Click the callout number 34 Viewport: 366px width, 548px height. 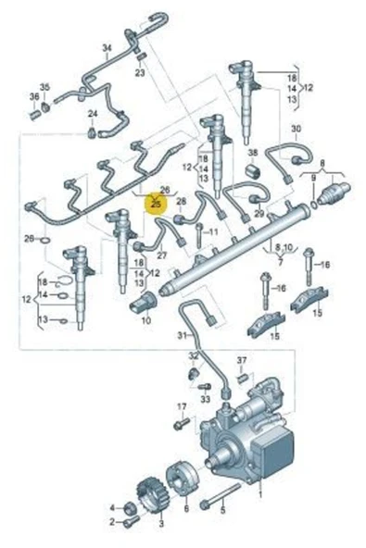[107, 46]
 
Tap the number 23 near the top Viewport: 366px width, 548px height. [140, 72]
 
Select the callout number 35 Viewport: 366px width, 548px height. [44, 88]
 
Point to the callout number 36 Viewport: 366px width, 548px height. [34, 97]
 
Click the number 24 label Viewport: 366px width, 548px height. [92, 113]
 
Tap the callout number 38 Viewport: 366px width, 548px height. [252, 151]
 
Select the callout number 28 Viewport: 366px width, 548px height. [182, 200]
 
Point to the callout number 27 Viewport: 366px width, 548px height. [160, 255]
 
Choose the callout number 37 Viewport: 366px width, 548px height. [242, 359]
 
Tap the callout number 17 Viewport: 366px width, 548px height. [183, 406]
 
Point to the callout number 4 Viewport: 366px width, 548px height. [112, 508]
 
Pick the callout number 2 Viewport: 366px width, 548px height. [112, 522]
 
